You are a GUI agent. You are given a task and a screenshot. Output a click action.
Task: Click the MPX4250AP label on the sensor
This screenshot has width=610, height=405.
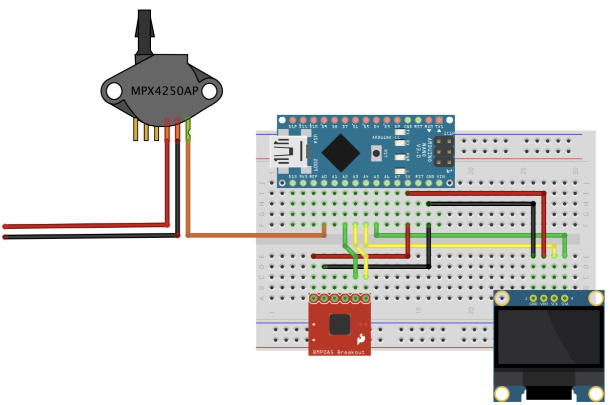(161, 92)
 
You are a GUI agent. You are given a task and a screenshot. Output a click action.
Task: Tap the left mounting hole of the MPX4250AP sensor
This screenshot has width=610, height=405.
(114, 91)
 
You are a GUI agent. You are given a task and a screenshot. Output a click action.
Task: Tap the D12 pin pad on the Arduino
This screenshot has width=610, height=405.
(293, 121)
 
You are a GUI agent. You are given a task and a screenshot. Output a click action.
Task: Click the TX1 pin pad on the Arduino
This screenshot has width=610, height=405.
(439, 121)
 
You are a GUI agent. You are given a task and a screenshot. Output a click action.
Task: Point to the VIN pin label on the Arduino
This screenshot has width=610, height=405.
(441, 177)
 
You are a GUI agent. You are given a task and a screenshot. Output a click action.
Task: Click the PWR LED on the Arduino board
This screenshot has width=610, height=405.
(400, 157)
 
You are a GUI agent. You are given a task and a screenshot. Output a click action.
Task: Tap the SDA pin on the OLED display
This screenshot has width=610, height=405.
(564, 299)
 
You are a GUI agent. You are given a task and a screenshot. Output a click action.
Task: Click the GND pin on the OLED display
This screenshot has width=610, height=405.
(533, 299)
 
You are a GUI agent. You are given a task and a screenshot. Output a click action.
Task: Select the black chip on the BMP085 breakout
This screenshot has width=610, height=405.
(340, 325)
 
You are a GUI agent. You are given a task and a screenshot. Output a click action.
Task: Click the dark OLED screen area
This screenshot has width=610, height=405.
(549, 337)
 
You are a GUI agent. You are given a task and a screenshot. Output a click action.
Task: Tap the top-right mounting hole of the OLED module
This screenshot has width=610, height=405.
(596, 298)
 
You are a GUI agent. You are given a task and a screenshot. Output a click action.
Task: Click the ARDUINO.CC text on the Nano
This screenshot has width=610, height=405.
(386, 137)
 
